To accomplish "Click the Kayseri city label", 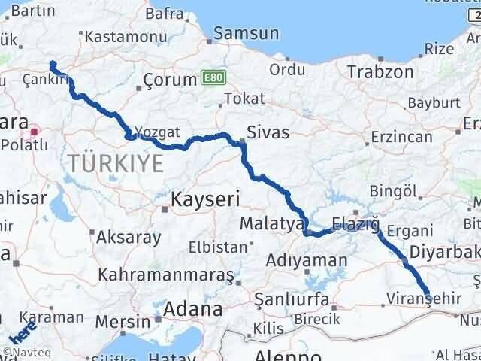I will click(x=204, y=199).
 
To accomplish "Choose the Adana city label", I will click(x=193, y=308).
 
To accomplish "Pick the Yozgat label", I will click(x=159, y=132).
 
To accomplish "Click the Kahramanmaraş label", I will click(x=167, y=275).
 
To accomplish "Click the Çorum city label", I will click(x=170, y=79).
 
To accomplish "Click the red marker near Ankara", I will click(x=35, y=132).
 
